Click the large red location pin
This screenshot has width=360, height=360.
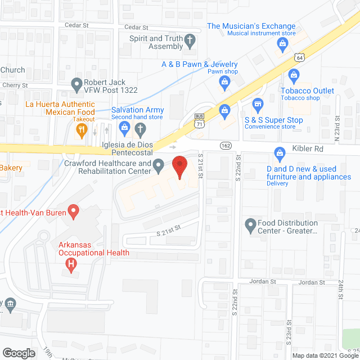coord(179,167)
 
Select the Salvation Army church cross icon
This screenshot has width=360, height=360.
coord(141,129)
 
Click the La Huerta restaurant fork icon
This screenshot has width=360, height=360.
coord(82,130)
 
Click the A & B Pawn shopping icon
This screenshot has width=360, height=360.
coord(224,83)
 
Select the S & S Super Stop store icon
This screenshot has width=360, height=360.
coord(258,104)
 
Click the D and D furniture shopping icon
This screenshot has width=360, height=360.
coord(279,152)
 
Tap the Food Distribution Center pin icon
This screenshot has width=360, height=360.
coord(251,226)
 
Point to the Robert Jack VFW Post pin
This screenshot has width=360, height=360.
coord(78,85)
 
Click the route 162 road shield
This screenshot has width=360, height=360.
coord(225,145)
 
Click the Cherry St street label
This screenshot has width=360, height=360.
coord(16,85)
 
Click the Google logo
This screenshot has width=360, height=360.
coord(19,353)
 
